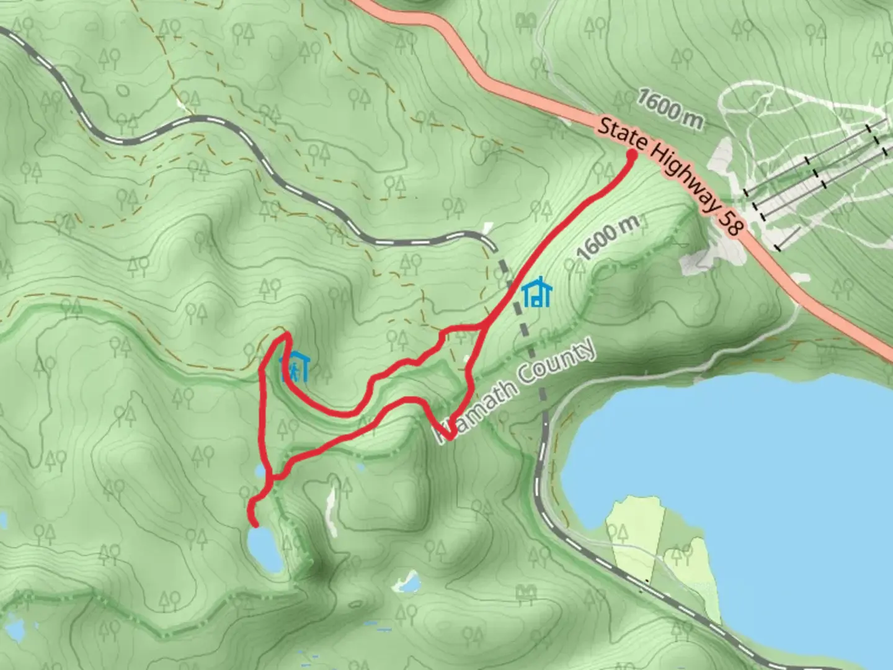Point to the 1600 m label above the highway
click(x=670, y=109)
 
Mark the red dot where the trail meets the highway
click(x=632, y=155)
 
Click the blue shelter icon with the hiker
click(x=295, y=367)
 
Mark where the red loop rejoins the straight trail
click(x=482, y=326)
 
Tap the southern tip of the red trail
click(x=255, y=525)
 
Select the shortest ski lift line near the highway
click(x=787, y=238)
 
